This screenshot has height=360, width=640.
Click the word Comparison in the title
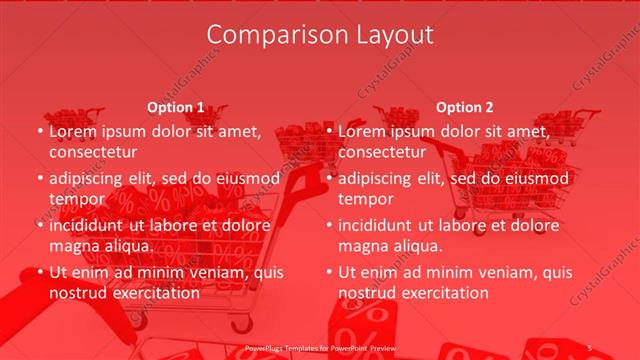click(x=267, y=35)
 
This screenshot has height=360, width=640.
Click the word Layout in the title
click(x=393, y=35)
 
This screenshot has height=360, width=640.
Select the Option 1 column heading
click(x=175, y=107)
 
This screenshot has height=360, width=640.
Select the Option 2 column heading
click(x=464, y=107)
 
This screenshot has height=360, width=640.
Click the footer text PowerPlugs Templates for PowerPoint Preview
click(x=319, y=347)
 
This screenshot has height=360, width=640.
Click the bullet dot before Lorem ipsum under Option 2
click(x=329, y=131)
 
